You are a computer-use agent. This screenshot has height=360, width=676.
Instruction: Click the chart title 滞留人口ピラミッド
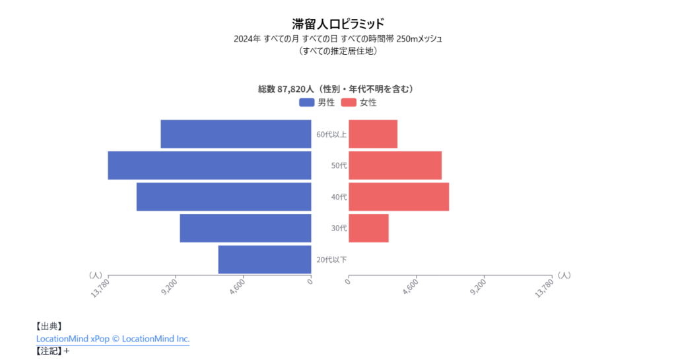337,24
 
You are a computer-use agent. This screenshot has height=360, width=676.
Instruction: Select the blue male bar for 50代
209,165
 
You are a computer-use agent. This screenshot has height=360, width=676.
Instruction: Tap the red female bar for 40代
398,197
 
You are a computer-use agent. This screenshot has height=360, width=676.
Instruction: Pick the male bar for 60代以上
236,134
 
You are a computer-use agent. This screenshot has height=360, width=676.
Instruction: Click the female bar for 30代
368,228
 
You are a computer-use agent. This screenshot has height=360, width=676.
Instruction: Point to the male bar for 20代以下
264,259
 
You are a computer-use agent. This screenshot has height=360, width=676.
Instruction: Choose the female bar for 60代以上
373,134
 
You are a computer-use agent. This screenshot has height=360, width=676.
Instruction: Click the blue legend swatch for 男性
306,102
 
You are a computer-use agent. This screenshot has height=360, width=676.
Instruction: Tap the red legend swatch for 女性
349,102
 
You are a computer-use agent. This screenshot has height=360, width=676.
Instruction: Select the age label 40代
339,197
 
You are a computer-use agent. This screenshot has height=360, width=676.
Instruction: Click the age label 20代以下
331,260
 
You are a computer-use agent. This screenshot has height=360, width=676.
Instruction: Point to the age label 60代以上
331,135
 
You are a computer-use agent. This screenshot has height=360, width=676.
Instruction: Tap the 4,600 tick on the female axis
410,288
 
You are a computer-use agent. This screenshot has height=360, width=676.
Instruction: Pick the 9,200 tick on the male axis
170,287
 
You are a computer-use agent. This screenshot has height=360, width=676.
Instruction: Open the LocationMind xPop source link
113,339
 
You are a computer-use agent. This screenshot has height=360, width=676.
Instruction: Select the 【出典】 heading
49,326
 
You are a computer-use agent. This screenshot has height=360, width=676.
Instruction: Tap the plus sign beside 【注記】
67,351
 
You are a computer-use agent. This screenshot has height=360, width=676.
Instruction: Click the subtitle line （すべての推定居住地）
337,51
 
